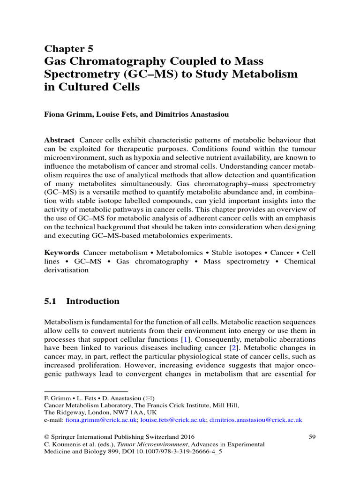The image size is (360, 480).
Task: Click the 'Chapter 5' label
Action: tap(68, 48)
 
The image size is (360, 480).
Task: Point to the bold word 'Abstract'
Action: tap(59, 140)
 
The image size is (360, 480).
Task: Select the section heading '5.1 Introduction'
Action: tap(82, 301)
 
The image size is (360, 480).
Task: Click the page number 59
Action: tap(312, 436)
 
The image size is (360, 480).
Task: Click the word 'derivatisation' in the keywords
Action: tap(66, 270)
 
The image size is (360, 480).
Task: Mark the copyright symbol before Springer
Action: tap(46, 436)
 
